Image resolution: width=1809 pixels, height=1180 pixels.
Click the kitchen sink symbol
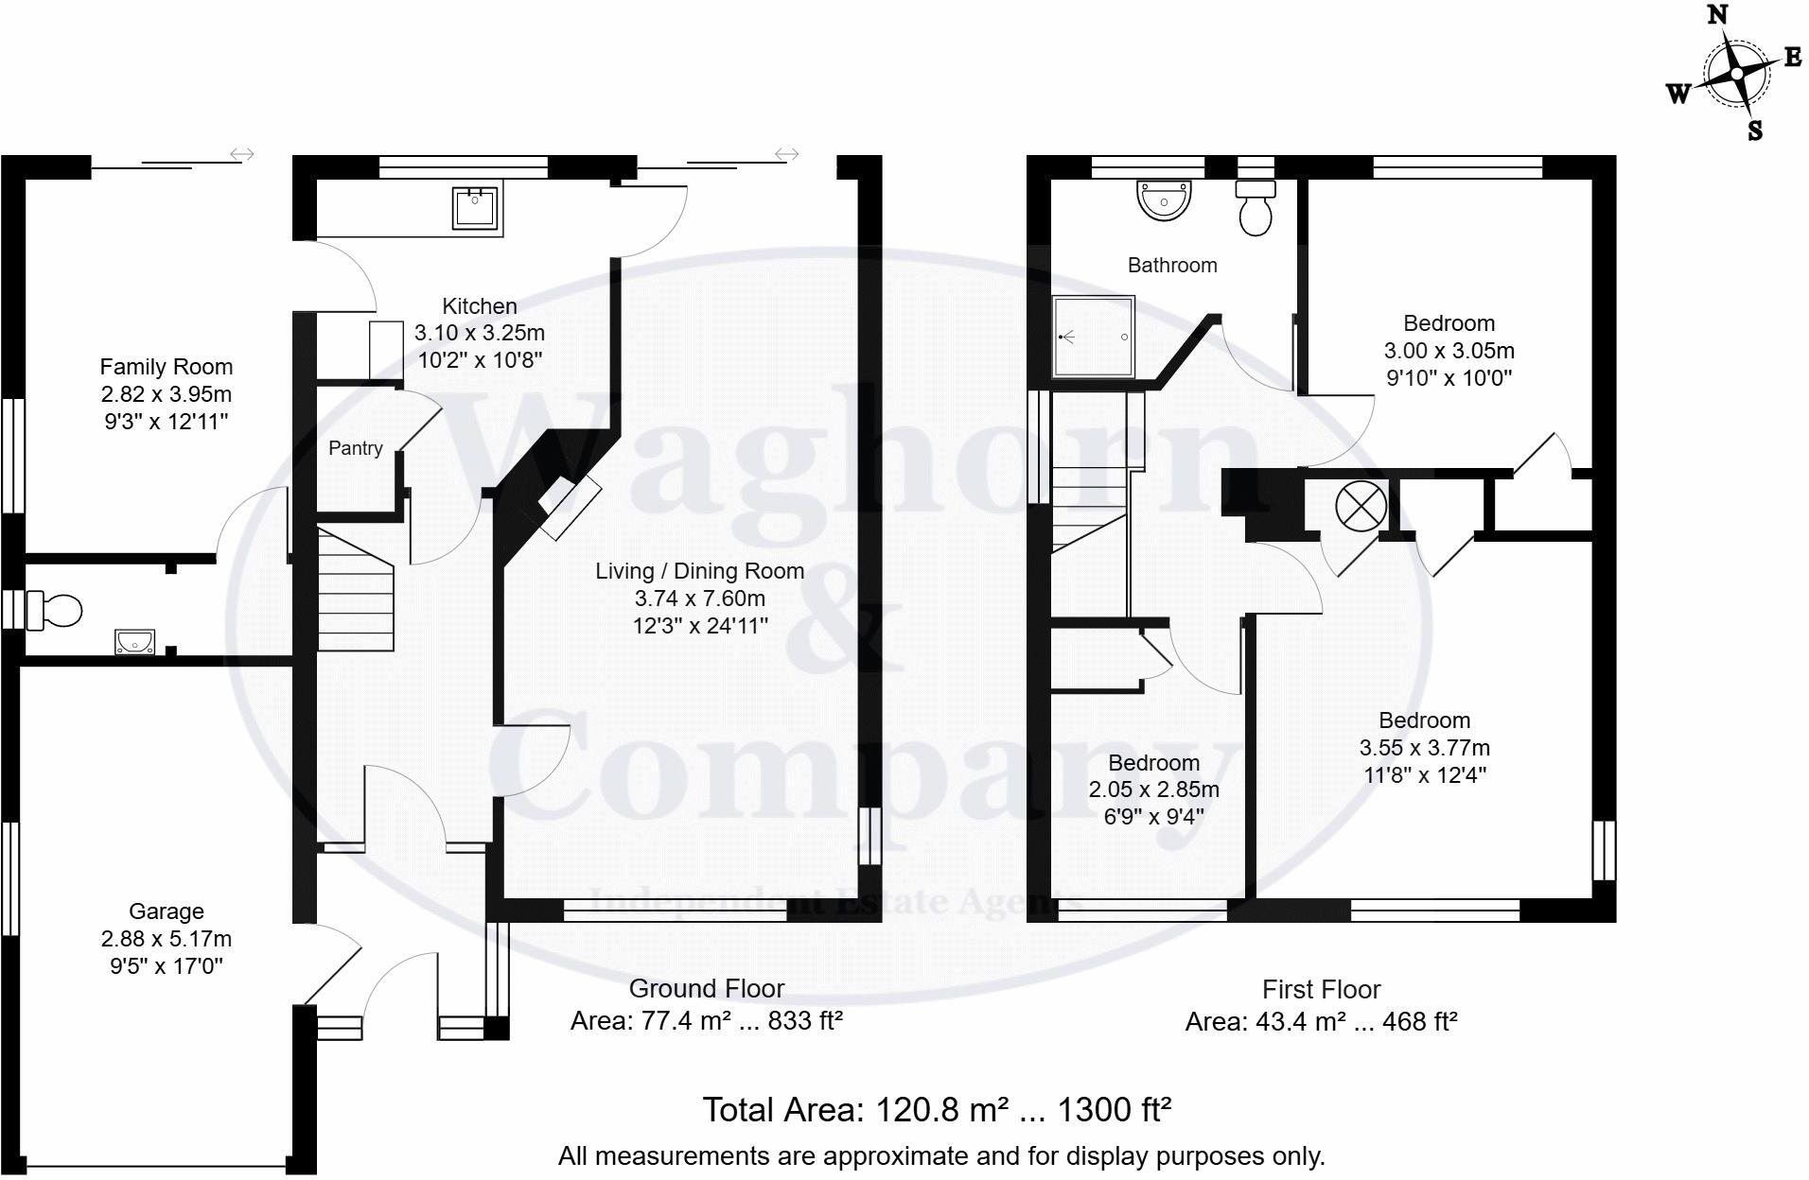pos(475,207)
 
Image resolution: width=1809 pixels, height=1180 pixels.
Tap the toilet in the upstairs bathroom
pos(1256,210)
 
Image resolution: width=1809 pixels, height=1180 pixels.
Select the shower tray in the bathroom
pos(1094,336)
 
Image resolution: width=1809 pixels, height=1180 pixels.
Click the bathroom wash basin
pos(1164,200)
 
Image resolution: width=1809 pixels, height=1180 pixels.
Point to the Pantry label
pos(355,448)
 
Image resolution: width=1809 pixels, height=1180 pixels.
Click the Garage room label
pos(167,911)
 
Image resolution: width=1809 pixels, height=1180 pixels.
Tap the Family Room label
pos(167,367)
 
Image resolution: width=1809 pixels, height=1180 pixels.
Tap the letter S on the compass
pos(1755,130)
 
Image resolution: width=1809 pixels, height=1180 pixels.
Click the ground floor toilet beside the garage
pos(55,610)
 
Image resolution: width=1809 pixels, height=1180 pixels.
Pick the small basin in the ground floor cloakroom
pos(134,643)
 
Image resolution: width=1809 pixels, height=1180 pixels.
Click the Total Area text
pos(936,1109)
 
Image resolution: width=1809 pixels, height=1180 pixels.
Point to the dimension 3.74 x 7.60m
pos(700,599)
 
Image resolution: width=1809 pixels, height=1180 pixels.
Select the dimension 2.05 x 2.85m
pos(1153,790)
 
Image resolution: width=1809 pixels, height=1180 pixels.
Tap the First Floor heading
pos(1321,990)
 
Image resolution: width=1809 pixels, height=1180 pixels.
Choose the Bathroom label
pos(1171,266)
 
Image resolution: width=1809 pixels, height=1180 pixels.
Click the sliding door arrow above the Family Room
pos(242,154)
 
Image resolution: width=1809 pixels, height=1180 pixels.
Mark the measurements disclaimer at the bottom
pos(940,1155)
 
